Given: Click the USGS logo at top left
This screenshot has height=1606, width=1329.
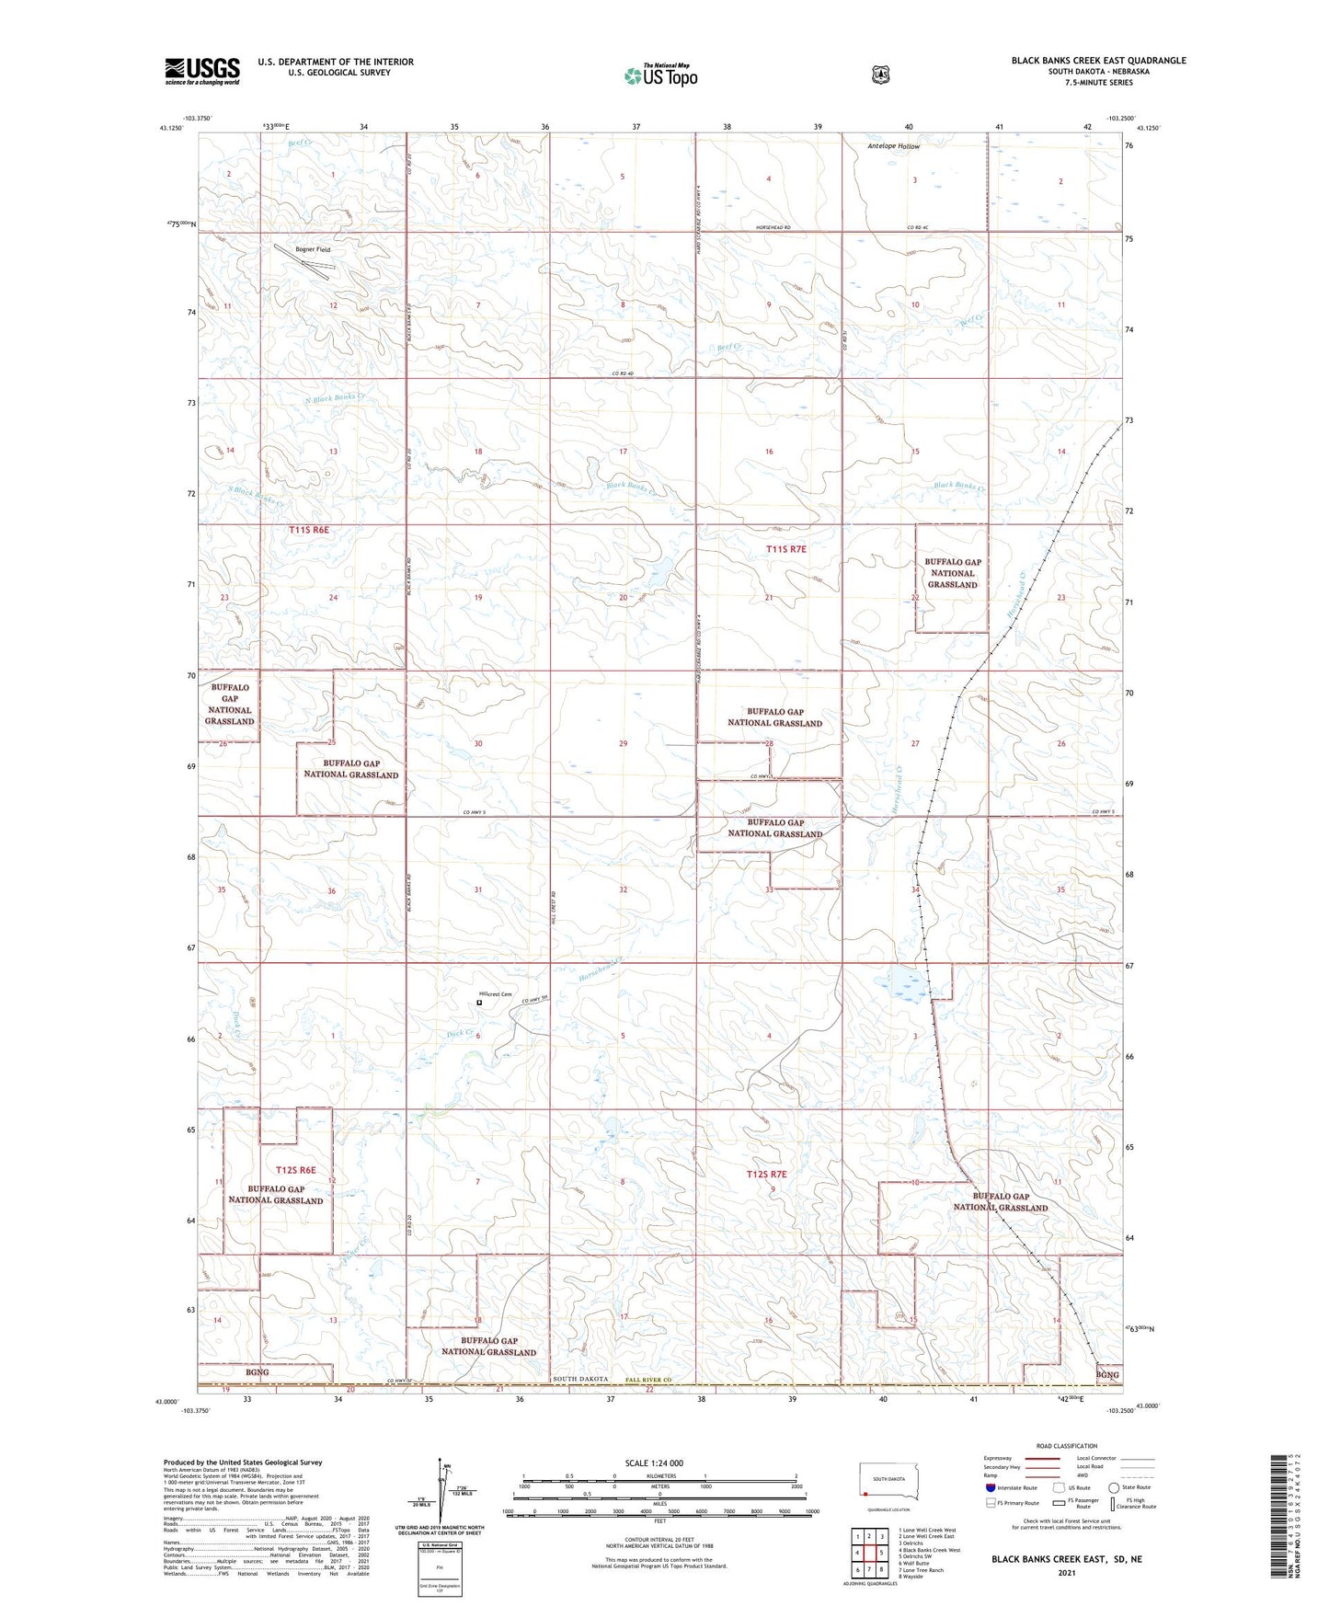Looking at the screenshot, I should [x=201, y=71].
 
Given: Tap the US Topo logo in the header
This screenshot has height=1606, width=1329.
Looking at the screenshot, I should [x=659, y=75].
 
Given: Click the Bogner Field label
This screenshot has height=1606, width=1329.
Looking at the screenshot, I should [x=313, y=249].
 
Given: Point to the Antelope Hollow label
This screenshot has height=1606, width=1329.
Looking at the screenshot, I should [x=893, y=146].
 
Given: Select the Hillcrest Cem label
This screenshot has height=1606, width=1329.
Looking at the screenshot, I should [x=494, y=993].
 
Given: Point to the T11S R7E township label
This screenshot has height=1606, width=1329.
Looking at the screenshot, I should [x=785, y=549].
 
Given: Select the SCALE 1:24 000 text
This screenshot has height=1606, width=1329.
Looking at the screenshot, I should [x=654, y=1463].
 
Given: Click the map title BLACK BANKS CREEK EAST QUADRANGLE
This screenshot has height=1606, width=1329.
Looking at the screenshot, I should [x=1098, y=61].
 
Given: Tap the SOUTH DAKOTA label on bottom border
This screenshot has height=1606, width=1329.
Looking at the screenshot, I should [x=580, y=1379].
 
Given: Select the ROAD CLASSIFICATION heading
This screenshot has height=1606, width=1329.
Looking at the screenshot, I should [x=1066, y=1446].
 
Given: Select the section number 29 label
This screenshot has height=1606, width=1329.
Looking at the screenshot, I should [x=623, y=743].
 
